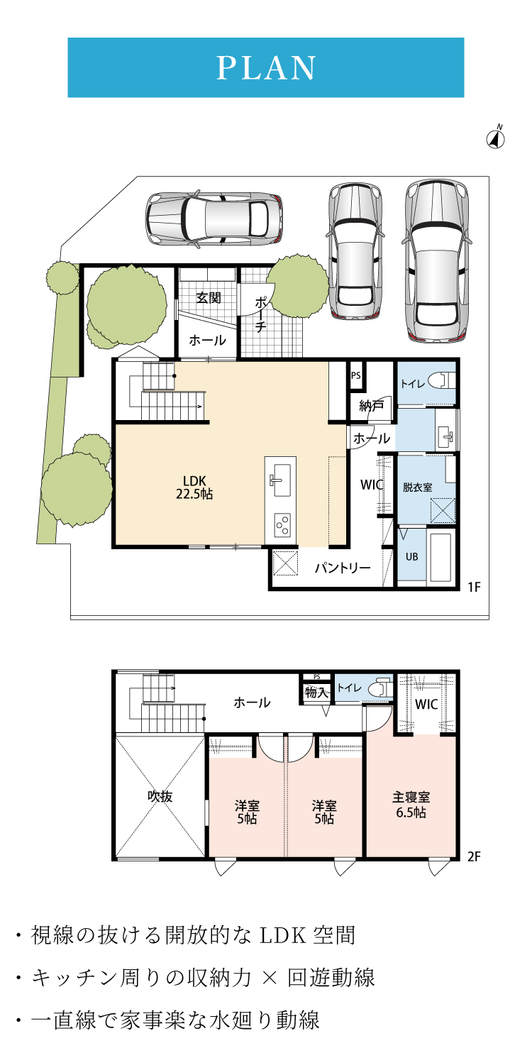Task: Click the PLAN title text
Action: [x=265, y=68]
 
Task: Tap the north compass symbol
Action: [x=495, y=137]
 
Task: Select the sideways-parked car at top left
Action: [x=214, y=219]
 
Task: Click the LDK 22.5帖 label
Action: [x=194, y=487]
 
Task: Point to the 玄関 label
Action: [x=209, y=297]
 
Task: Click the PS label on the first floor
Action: [x=356, y=375]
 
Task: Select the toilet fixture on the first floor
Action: [x=442, y=380]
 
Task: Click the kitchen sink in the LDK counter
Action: [x=281, y=480]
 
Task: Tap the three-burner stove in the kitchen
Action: [x=282, y=525]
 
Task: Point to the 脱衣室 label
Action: [x=417, y=487]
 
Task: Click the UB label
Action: [x=411, y=556]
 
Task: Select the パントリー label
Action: [x=343, y=568]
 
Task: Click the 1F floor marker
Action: [x=475, y=587]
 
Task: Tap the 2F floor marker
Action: [x=475, y=856]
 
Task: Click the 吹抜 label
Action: [x=160, y=796]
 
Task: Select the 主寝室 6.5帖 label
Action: [x=411, y=805]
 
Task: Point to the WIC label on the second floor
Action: [x=426, y=704]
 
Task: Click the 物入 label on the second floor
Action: [x=316, y=692]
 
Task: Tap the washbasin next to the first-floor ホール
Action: [x=445, y=436]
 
